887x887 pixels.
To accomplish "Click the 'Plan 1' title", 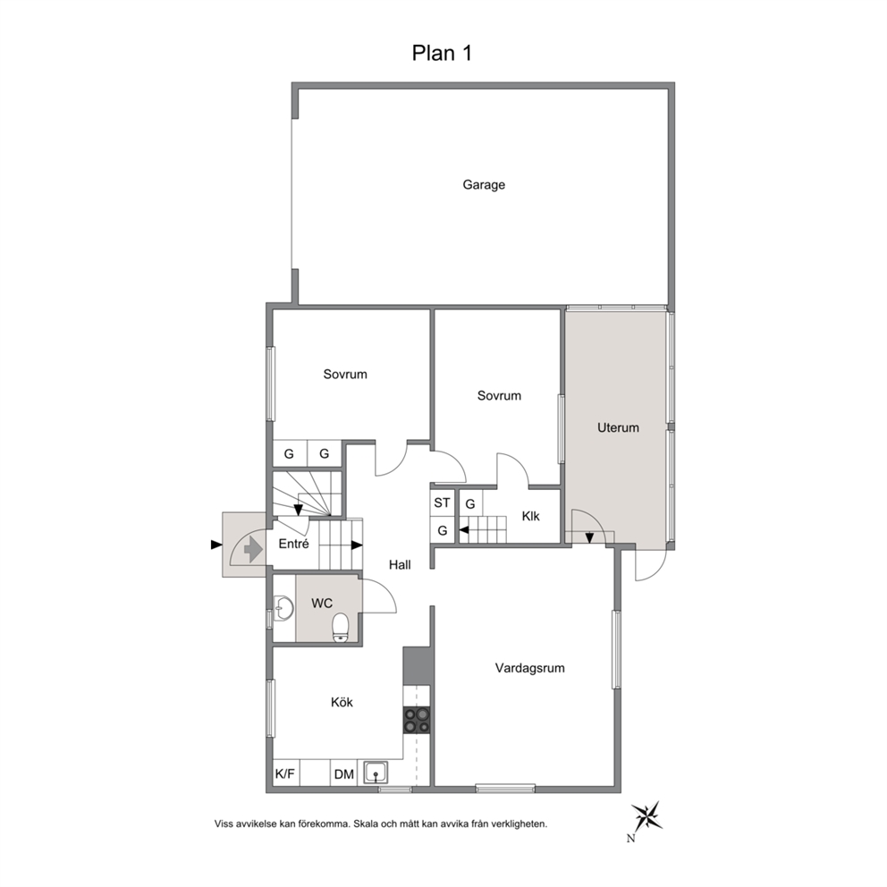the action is pos(442,53).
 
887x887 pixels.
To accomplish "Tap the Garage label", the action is pos(484,185).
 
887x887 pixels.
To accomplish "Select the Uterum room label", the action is pos(618,427).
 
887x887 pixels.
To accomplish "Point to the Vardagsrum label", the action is pos(530,668).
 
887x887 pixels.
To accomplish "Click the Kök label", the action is pos(342,702).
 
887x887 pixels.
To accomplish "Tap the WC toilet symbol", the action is pos(341,628).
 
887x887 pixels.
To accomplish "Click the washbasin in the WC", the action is pos(283,608).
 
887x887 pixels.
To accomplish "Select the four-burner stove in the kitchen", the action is pos(417,720).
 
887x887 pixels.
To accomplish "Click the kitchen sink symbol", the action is pos(376,773).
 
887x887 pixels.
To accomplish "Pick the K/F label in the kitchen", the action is pos(285,773).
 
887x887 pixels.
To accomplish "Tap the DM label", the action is pos(344,774).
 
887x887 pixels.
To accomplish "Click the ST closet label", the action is pos(443,503).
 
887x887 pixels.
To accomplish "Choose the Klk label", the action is pos(530,516).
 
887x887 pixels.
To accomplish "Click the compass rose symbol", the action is pos(647,816).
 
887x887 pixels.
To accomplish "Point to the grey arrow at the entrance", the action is pos(253,549).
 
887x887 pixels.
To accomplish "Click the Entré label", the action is pos(293,544).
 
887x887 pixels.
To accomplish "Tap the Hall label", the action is pos(400,564).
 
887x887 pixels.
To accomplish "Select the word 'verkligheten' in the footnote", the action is pos(520,824).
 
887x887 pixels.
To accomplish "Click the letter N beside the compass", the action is pos(630,839).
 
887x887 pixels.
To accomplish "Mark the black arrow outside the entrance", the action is pos(216,545).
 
